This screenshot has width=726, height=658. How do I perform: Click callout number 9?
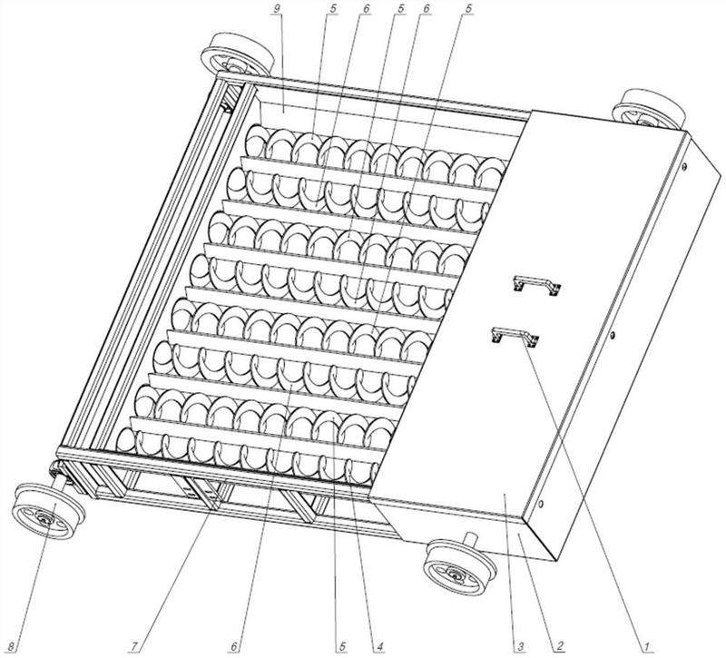click(x=277, y=8)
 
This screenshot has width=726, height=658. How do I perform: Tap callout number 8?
click(x=13, y=643)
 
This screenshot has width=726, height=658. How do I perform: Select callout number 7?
click(x=134, y=643)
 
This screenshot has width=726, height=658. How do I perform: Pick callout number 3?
click(x=520, y=643)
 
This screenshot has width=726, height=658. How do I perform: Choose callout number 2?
click(x=560, y=643)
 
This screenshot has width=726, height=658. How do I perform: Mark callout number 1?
click(x=644, y=643)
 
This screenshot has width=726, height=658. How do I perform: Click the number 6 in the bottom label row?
click(x=235, y=643)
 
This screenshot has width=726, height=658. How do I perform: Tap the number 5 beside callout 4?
click(x=342, y=643)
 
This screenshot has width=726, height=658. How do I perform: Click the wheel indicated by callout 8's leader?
click(x=48, y=511)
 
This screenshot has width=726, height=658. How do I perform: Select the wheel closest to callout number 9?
click(x=237, y=54)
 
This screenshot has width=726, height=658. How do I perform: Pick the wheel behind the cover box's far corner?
click(x=649, y=109)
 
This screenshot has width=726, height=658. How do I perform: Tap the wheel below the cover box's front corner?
click(x=460, y=565)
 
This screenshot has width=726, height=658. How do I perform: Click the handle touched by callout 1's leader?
click(x=515, y=335)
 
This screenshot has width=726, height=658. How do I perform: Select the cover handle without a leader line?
click(x=537, y=284)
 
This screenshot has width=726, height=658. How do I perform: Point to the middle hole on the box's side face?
click(x=612, y=334)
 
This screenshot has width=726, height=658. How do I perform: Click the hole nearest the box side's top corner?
click(x=684, y=166)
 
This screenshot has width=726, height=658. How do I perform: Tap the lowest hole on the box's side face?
click(x=541, y=503)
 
